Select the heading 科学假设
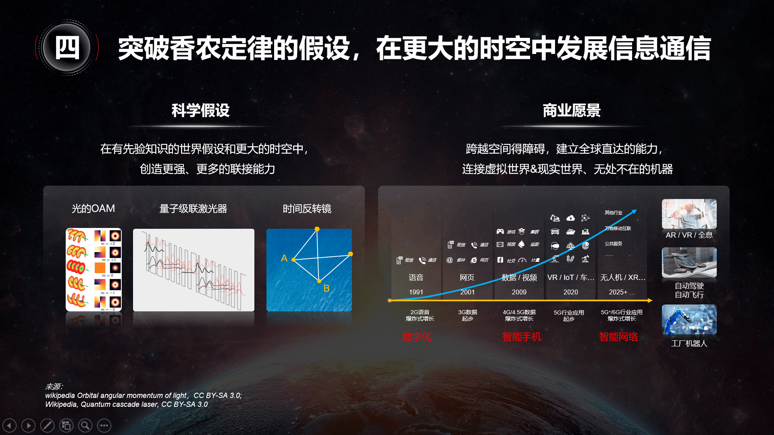point(200,110)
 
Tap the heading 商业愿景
point(571,110)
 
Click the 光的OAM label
point(93,209)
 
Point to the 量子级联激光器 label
point(193,209)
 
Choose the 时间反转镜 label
point(307,209)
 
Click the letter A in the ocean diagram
point(284,258)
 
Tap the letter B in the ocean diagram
point(327,288)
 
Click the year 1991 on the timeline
point(416,292)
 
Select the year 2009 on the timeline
point(519,292)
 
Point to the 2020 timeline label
point(570,292)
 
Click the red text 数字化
point(417,337)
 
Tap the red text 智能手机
point(522,337)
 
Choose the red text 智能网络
point(618,337)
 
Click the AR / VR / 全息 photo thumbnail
point(689,214)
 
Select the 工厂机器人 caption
point(689,344)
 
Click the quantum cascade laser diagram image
point(193,270)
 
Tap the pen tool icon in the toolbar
point(47,425)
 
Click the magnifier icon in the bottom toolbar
point(85,425)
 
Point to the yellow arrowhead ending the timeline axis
point(649,300)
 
